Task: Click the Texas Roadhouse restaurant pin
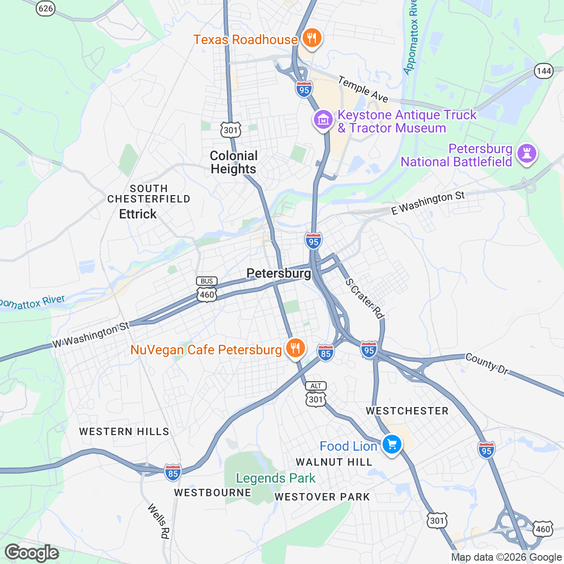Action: [x=311, y=38]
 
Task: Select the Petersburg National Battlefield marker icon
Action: [x=526, y=154]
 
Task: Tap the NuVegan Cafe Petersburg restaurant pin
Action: [x=295, y=348]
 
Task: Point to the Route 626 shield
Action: [x=46, y=8]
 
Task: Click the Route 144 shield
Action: [x=544, y=71]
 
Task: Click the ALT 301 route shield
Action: [x=316, y=394]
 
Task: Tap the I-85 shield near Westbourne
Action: [x=173, y=473]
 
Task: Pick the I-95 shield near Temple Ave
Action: [x=304, y=89]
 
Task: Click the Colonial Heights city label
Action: [x=234, y=162]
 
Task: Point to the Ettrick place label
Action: [x=138, y=214]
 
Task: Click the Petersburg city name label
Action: [x=279, y=274]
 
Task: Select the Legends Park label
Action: [x=275, y=478]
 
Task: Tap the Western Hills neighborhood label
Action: [x=124, y=431]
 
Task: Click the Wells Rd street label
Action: [x=158, y=521]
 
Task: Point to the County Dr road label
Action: [x=487, y=364]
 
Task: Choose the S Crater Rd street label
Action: [x=364, y=298]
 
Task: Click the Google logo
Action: [x=31, y=553]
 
